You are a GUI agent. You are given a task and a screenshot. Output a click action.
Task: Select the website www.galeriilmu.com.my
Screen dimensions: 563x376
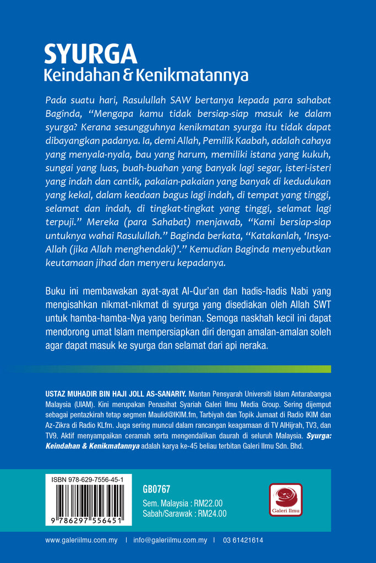[81, 540]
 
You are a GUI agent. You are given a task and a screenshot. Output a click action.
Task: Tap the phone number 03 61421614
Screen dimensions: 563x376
[243, 540]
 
